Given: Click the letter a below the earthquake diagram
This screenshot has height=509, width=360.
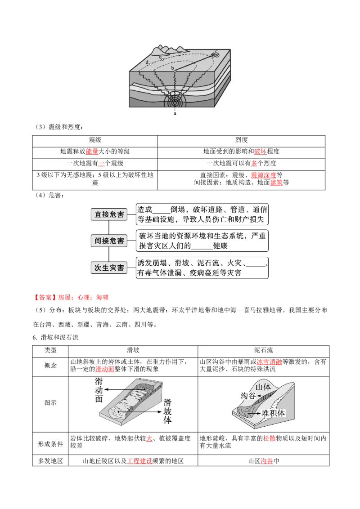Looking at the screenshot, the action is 175,113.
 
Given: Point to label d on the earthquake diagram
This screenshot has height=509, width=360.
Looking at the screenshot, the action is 147,62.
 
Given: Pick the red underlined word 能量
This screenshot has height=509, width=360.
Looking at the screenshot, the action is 92,152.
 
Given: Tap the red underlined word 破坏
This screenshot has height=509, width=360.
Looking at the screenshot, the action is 260,152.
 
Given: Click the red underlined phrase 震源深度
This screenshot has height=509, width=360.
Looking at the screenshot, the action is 264,175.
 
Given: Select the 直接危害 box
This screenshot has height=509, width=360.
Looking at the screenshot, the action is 109,214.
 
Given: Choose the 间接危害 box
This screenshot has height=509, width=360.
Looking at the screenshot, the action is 109,241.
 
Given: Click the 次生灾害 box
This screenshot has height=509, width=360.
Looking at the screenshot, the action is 109,268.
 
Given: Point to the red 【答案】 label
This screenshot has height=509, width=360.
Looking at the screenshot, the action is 45,297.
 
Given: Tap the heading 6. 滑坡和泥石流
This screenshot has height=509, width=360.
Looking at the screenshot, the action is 55,338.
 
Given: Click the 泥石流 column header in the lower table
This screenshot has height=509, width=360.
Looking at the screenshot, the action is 264,350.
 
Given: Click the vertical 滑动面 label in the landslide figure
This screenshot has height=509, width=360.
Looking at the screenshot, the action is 99,390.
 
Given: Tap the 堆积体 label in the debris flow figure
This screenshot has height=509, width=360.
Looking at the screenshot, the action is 273,413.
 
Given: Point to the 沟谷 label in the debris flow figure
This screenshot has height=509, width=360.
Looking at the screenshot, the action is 248,396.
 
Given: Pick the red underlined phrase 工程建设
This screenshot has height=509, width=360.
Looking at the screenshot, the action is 139,461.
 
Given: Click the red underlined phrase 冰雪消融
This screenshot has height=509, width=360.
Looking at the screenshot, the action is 270,362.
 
